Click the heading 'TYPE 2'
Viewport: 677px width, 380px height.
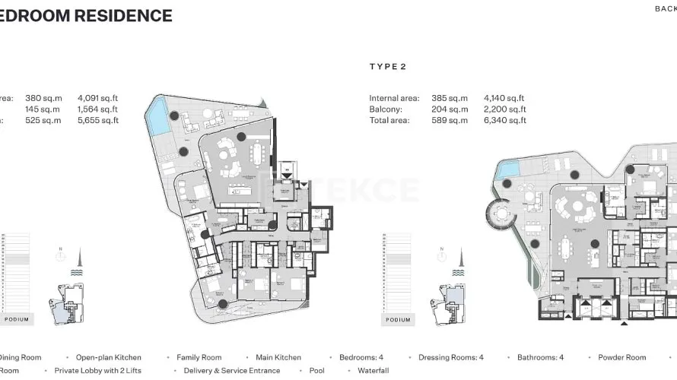click(x=388, y=67)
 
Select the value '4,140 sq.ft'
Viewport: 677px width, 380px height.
click(x=504, y=98)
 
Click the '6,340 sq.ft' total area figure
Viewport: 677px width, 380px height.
click(x=504, y=120)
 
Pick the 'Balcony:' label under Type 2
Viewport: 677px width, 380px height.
click(x=386, y=109)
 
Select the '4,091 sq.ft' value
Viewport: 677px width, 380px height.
click(x=98, y=98)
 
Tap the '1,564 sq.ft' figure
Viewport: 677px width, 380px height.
click(x=98, y=109)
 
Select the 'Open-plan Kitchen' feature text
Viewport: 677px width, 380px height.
click(x=108, y=357)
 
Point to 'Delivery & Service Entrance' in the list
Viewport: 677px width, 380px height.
click(x=232, y=371)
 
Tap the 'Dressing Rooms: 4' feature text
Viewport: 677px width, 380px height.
click(x=451, y=357)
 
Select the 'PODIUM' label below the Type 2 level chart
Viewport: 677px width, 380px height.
click(x=398, y=320)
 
